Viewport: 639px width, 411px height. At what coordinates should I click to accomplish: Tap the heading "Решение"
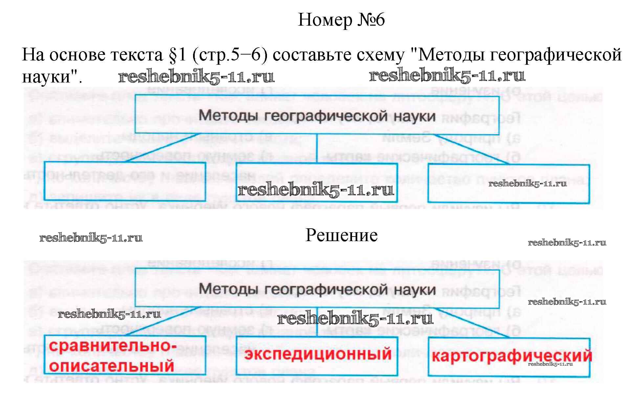342,235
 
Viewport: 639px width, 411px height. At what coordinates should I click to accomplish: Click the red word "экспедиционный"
318,354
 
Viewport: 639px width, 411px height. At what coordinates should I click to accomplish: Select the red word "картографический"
511,356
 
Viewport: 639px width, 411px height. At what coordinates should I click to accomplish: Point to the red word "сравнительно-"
113,346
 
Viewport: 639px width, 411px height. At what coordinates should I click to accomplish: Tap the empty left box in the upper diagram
124,181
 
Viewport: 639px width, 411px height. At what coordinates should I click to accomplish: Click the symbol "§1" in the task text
178,55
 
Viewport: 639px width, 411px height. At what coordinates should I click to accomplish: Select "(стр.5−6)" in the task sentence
230,55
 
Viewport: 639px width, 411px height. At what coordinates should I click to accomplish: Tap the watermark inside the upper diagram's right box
527,184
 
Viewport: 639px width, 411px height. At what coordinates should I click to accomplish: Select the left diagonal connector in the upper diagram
163,148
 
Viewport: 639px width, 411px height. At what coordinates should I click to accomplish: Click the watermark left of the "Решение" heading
91,238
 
